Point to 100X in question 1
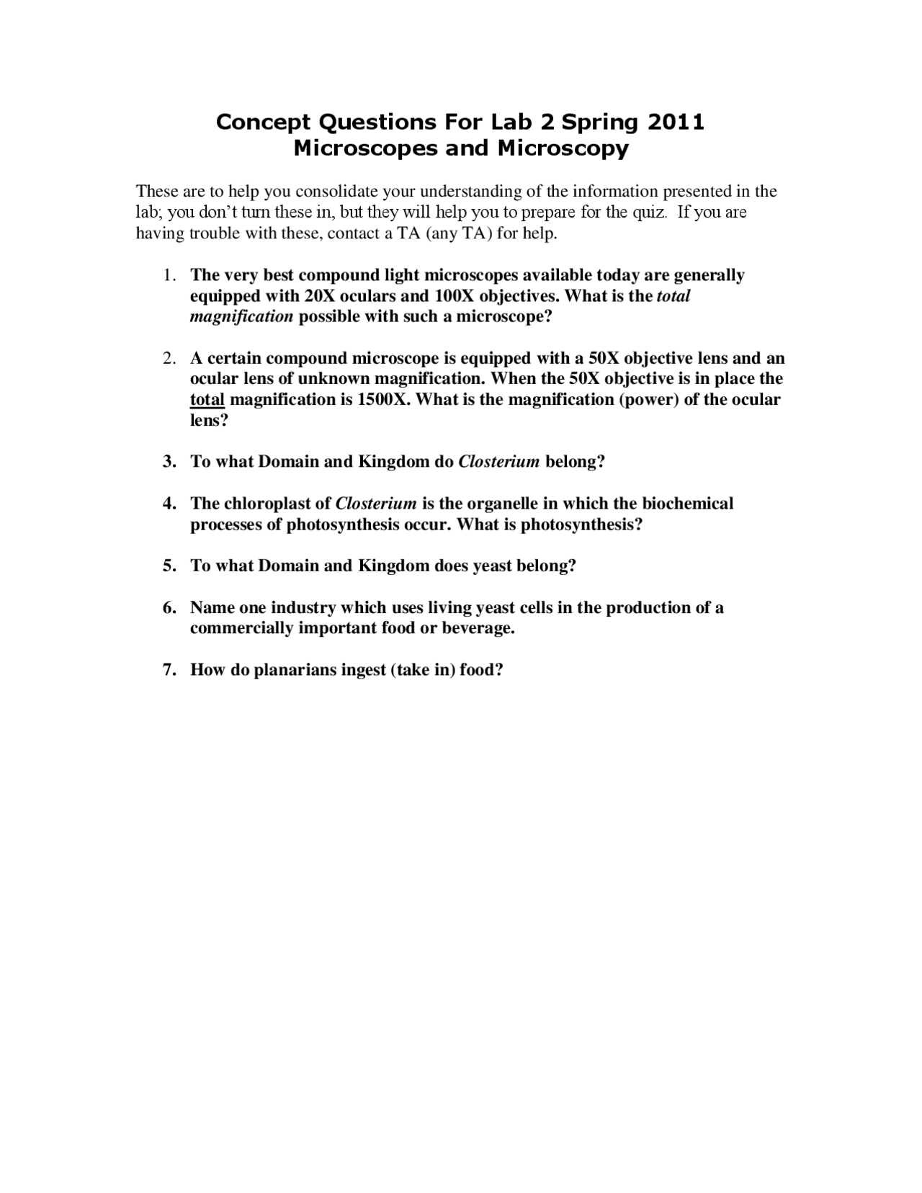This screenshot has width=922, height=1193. [455, 296]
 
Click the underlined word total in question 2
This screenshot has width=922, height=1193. [207, 400]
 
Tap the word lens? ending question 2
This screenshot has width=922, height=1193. [209, 421]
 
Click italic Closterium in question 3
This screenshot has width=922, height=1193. [498, 462]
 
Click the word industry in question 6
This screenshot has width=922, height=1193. [303, 608]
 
